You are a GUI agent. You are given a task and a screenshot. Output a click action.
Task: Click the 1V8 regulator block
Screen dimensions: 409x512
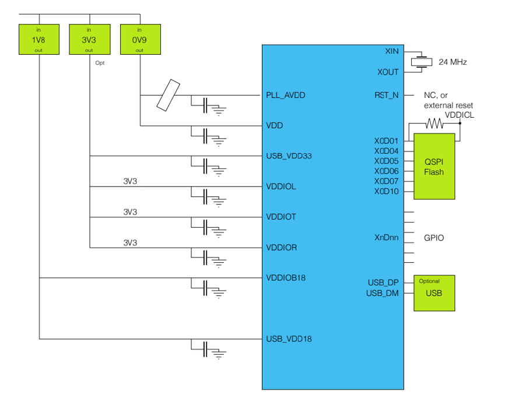pos(39,40)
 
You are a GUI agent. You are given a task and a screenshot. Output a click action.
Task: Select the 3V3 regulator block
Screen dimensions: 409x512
pos(89,40)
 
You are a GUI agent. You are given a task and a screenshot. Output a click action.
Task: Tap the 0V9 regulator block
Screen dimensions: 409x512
pos(139,40)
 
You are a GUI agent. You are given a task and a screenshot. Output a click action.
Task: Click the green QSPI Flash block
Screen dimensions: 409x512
pos(434,167)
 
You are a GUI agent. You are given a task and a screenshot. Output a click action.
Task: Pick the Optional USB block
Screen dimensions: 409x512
pos(434,292)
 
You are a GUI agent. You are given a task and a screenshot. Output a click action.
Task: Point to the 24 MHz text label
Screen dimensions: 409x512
pos(453,62)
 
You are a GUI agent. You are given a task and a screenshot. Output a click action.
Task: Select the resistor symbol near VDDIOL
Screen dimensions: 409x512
pos(434,124)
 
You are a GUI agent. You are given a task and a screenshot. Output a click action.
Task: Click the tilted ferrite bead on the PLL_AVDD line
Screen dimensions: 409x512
pos(168,95)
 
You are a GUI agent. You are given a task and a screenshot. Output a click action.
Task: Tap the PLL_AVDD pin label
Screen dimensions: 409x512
pos(286,95)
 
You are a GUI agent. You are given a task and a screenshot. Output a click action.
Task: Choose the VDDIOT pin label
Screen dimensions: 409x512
pos(281,217)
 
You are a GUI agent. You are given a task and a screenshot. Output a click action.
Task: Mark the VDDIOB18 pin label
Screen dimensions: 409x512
pos(286,278)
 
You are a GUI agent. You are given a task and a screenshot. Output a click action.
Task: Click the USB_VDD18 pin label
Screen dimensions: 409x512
pos(289,339)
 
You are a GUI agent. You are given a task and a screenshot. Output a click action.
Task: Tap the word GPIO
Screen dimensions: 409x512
pos(434,238)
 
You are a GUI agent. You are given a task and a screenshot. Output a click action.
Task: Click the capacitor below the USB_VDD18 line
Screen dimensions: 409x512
pos(206,350)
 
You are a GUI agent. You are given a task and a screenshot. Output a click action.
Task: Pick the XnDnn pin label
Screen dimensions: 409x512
pos(386,238)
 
